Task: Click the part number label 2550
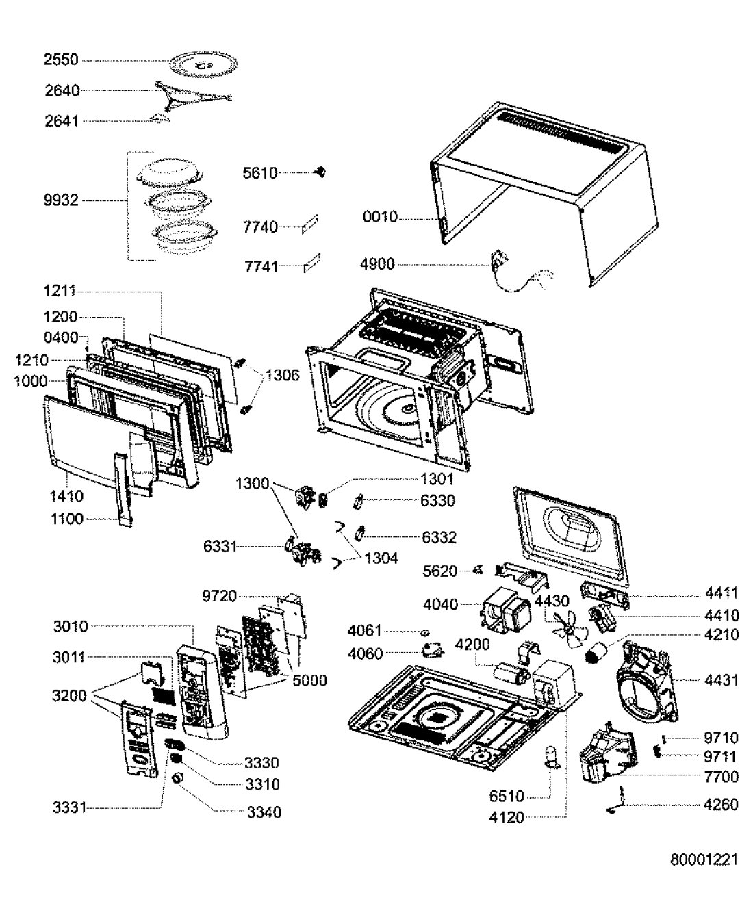tap(62, 60)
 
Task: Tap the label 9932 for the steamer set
tap(62, 200)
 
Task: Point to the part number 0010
tap(380, 218)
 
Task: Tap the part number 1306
tap(283, 375)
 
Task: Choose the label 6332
tap(439, 537)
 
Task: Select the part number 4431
tap(722, 680)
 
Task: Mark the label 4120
tap(507, 817)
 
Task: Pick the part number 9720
tap(220, 596)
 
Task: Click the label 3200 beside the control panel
tap(70, 696)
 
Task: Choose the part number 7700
tap(722, 776)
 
